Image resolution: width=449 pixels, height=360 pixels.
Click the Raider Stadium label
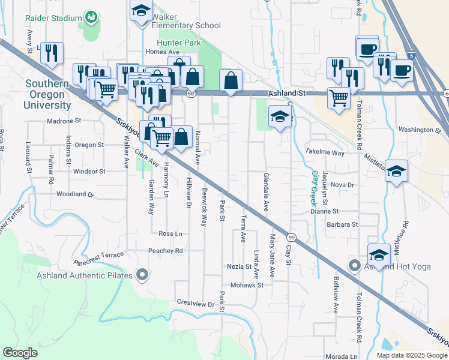pos(58,18)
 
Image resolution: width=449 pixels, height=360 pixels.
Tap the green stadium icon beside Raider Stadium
pos(92,17)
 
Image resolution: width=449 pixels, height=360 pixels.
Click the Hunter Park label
pos(178,43)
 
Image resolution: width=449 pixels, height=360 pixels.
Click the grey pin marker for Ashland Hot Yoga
pos(355,265)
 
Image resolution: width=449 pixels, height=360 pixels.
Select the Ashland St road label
pos(286,94)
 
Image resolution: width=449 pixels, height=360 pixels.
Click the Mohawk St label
pos(247,285)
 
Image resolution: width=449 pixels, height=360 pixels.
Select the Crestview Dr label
pos(196,304)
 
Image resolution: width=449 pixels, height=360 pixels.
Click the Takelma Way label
pos(325,152)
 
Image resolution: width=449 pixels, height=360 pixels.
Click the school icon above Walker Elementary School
pos(142,11)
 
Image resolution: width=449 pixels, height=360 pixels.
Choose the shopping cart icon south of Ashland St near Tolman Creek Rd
pos(339,97)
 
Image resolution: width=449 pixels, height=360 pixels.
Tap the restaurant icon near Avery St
pos(52,52)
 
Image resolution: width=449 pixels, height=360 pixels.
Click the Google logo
pos(20,353)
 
